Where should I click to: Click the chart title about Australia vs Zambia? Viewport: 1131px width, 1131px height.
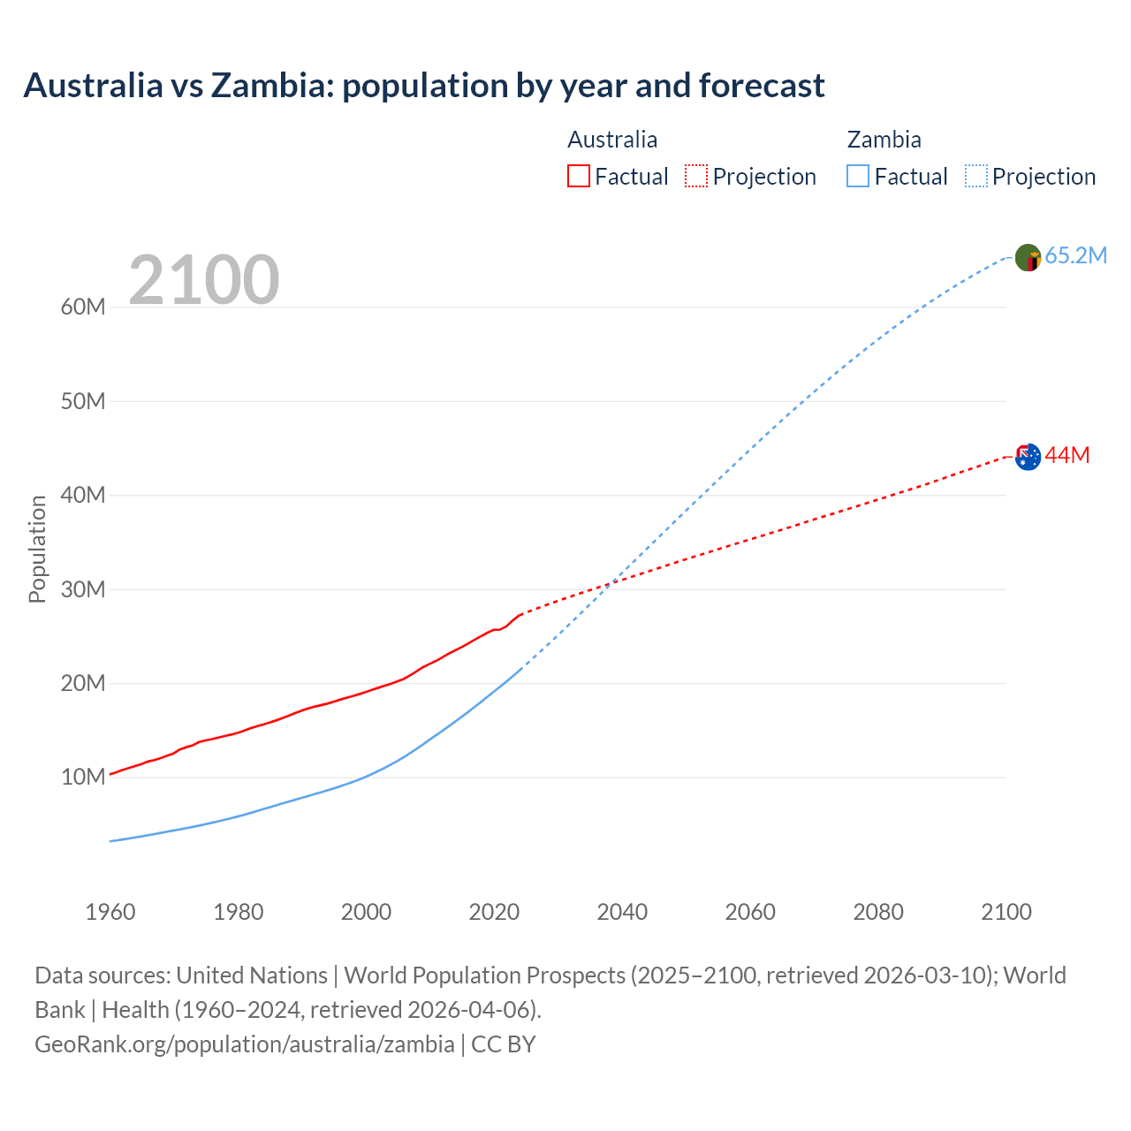tap(424, 86)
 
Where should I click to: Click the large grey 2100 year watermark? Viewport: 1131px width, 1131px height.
tap(204, 280)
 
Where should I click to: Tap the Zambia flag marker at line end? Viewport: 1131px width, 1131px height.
tap(1028, 258)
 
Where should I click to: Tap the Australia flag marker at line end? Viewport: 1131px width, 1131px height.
tap(1028, 457)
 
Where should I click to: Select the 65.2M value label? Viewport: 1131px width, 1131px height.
tap(1075, 256)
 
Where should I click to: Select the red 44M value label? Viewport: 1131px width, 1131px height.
tap(1066, 455)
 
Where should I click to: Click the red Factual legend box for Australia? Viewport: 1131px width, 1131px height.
tap(578, 176)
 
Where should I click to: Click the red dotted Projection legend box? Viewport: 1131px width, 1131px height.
tap(696, 176)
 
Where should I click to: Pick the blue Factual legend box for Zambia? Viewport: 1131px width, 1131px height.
tap(858, 176)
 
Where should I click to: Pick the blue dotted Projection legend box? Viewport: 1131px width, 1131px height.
tap(976, 176)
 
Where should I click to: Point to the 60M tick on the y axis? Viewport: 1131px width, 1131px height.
tap(83, 307)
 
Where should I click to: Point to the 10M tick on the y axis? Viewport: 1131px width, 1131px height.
tap(83, 777)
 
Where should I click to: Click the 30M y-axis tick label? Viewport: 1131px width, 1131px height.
tap(83, 589)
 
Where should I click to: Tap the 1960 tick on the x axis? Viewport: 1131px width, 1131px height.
tap(110, 912)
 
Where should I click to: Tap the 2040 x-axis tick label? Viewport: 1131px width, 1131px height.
tap(622, 912)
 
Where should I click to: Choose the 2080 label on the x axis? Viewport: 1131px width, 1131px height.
tap(878, 912)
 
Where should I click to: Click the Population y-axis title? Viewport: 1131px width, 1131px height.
tap(37, 549)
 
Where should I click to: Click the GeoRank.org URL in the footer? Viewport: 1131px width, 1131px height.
tap(244, 1044)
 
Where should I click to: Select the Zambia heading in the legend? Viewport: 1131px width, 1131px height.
tap(884, 140)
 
